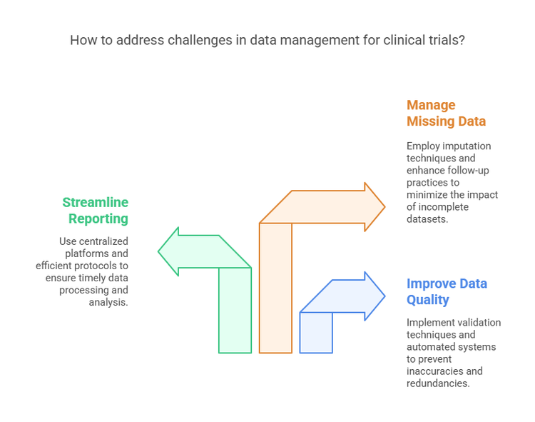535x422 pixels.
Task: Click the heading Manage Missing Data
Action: click(x=446, y=113)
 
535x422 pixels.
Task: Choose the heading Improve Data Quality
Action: click(x=447, y=291)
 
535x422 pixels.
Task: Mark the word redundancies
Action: click(x=439, y=383)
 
